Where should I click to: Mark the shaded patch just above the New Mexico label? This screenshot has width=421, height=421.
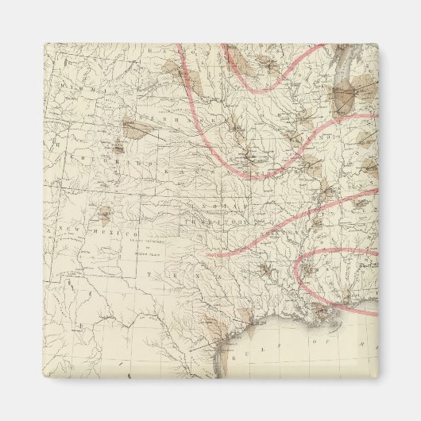tap(104, 212)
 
